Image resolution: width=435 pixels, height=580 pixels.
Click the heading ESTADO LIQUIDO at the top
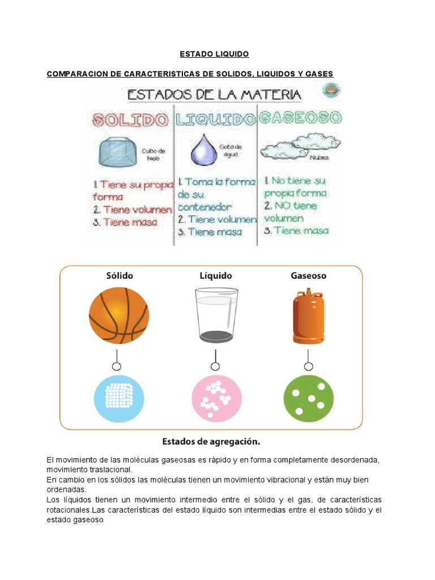(x=214, y=54)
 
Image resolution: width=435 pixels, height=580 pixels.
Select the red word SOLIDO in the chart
(x=131, y=119)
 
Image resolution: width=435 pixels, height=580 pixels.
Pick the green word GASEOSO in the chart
(x=300, y=118)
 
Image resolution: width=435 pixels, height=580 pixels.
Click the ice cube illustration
(x=118, y=151)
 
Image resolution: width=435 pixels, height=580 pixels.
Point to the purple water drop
(x=201, y=151)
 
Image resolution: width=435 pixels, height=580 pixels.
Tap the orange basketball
(x=119, y=315)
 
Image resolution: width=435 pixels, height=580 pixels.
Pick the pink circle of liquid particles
(x=216, y=399)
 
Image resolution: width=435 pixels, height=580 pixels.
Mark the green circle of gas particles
(x=308, y=399)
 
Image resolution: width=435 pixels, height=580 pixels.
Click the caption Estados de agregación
(x=211, y=441)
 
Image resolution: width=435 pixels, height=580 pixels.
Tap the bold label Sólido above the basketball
(x=120, y=276)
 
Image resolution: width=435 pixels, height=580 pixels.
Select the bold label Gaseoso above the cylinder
(x=308, y=276)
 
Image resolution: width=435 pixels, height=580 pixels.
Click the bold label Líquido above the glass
(x=216, y=276)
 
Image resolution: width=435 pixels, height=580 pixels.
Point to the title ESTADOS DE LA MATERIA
(x=214, y=94)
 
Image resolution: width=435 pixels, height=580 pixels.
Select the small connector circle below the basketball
(x=117, y=366)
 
